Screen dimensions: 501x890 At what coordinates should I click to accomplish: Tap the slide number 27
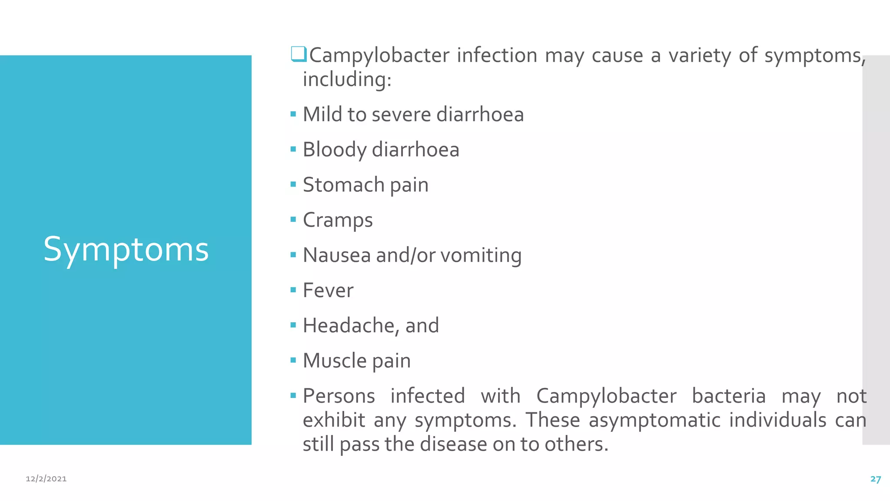pos(875,479)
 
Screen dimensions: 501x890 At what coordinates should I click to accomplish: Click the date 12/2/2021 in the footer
pos(46,479)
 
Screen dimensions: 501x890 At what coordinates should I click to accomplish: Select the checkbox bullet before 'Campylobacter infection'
pos(299,54)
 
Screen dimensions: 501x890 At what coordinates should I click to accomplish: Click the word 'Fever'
pos(328,291)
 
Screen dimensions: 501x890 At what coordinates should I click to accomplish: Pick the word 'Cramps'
pos(338,220)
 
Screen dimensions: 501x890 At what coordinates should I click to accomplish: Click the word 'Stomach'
pos(343,185)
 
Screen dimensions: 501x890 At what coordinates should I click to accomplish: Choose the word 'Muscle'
pos(335,361)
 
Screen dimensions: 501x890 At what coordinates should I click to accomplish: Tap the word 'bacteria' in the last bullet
pos(728,396)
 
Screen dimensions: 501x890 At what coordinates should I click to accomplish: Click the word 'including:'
pos(347,80)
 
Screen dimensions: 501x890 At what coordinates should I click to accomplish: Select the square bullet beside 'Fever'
pos(293,290)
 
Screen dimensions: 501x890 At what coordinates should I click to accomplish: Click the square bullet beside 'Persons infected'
pos(293,395)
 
